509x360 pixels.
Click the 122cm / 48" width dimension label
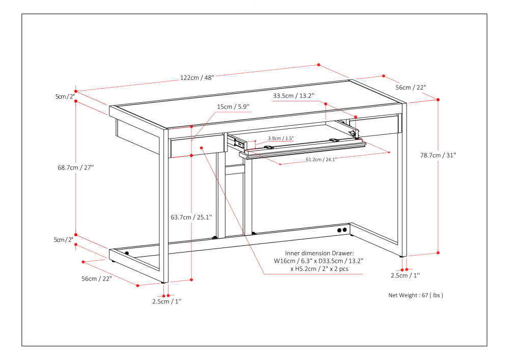click(x=197, y=78)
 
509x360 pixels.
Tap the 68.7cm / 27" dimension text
click(x=76, y=167)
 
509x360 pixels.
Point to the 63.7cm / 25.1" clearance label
click(x=191, y=217)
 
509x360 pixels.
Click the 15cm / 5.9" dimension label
click(x=233, y=106)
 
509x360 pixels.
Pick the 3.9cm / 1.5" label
click(x=281, y=138)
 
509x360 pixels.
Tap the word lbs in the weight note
click(x=437, y=295)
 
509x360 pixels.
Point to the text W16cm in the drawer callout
click(x=285, y=261)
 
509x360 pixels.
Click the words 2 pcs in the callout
click(x=340, y=269)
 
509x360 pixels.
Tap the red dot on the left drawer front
click(x=202, y=148)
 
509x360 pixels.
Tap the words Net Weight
click(x=403, y=295)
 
